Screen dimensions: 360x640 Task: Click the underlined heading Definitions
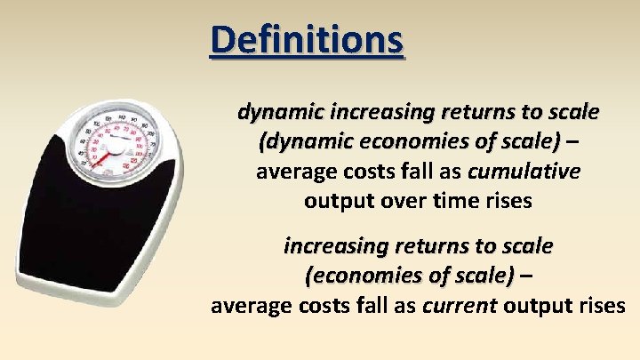click(307, 40)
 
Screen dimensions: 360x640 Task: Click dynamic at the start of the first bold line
click(279, 113)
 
